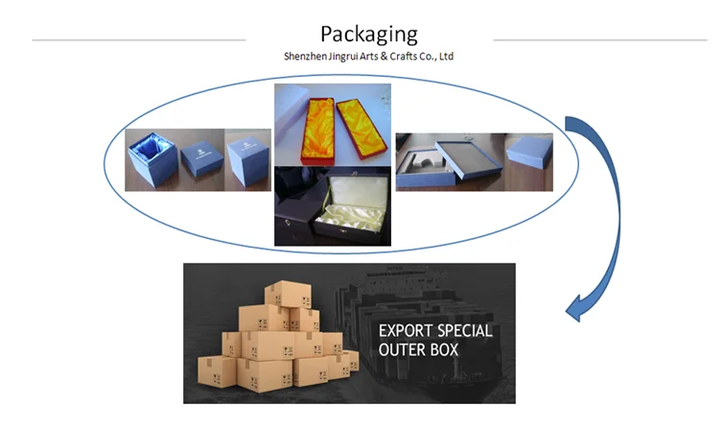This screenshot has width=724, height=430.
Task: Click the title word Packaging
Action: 369,35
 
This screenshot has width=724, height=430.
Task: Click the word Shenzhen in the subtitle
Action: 308,57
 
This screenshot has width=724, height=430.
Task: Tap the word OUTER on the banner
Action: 403,350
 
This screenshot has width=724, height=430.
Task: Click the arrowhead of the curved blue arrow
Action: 575,309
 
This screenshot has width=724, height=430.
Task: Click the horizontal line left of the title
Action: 139,39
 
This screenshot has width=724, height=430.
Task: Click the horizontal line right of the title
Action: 599,39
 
